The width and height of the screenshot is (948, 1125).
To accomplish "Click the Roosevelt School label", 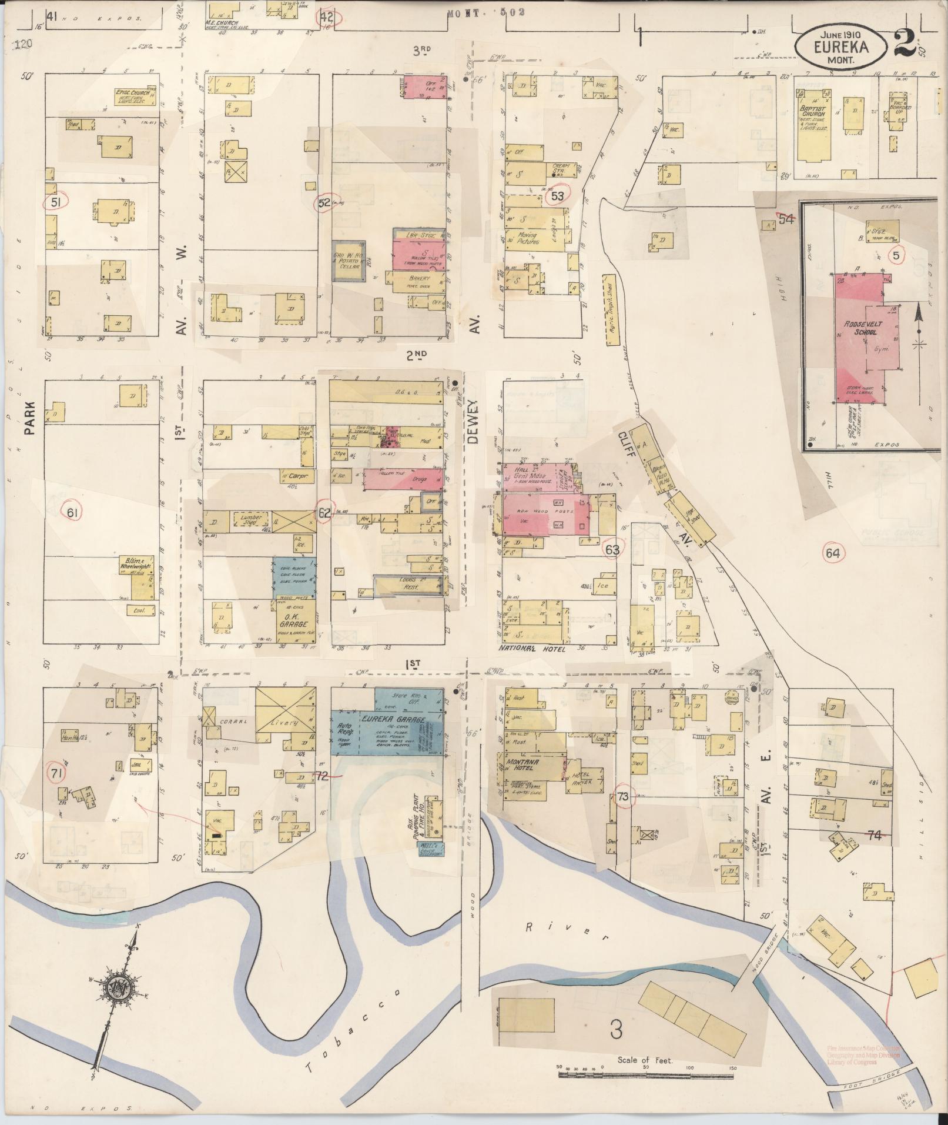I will click(860, 328).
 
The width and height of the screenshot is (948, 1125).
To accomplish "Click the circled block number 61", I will click(72, 513).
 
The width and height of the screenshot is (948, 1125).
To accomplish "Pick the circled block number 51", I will click(56, 202).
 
